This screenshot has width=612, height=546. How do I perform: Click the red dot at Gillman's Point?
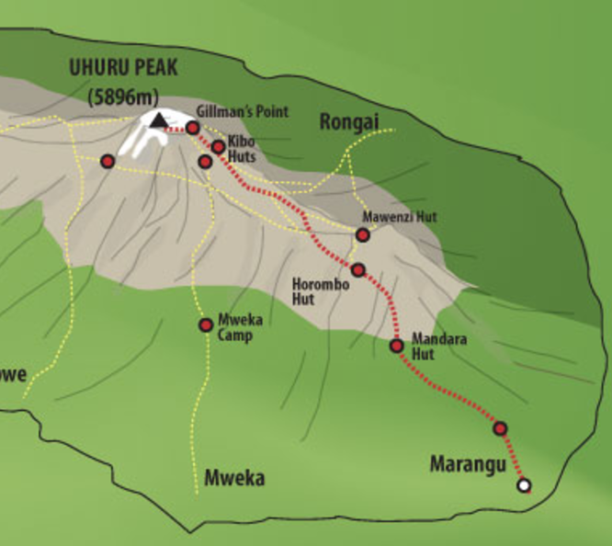click(x=193, y=128)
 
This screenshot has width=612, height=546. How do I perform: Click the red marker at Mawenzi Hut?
click(x=363, y=234)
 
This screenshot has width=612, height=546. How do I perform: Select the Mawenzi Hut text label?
click(x=387, y=218)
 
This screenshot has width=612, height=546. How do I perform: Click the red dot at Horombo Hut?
click(x=358, y=270)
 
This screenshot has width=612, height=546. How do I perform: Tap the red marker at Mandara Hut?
click(x=397, y=346)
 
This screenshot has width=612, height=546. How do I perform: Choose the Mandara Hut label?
click(x=439, y=346)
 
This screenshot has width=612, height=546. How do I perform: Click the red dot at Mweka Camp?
click(x=206, y=324)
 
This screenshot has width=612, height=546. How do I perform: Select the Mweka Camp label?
click(x=235, y=329)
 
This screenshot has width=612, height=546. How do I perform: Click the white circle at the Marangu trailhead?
click(x=524, y=485)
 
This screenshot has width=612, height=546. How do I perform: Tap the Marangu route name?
click(x=469, y=465)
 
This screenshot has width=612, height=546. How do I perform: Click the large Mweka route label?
click(x=234, y=478)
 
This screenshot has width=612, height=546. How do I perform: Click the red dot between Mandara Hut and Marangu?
click(x=500, y=428)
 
